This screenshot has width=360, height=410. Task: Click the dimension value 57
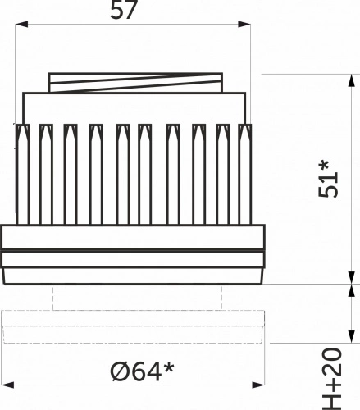coord(123,10)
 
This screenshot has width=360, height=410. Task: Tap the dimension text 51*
coord(328,179)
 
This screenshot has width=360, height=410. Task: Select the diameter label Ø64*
coord(142,371)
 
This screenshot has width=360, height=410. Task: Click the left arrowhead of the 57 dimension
coord(21,24)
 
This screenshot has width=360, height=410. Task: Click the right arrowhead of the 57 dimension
coord(244,24)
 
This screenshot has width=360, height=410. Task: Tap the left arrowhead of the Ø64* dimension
coord(7,385)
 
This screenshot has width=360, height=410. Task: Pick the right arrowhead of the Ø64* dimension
coord(258,385)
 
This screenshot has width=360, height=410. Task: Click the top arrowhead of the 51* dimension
coord(352,80)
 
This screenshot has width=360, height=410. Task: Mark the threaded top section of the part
coord(135,83)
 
